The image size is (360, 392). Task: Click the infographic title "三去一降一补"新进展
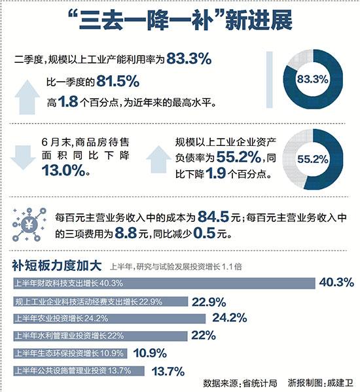pyautogui.click(x=179, y=24)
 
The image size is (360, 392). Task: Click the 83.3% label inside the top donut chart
pyautogui.click(x=312, y=80)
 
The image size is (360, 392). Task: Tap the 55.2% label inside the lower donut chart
pyautogui.click(x=312, y=159)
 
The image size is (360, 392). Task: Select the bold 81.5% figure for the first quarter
pyautogui.click(x=118, y=82)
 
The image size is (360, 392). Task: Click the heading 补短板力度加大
pyautogui.click(x=56, y=266)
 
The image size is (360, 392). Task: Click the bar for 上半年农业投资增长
pyautogui.click(x=109, y=319)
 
